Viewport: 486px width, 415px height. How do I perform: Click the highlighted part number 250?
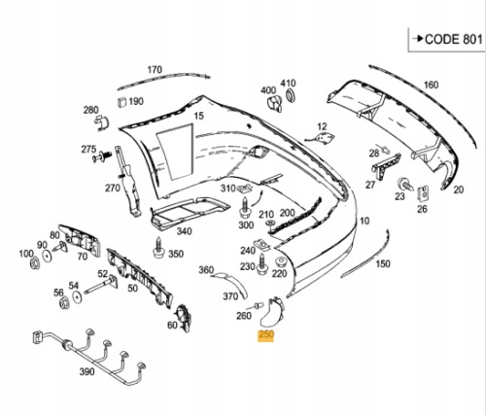265,335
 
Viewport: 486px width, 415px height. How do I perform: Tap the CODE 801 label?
453,39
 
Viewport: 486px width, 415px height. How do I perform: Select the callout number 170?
155,70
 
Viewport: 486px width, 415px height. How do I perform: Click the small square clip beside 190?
121,101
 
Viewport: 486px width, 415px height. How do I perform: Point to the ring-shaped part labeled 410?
291,95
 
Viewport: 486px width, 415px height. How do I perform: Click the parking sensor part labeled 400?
274,104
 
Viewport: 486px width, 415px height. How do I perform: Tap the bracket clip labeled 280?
102,122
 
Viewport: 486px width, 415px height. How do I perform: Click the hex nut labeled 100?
34,263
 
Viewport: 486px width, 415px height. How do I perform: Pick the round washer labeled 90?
48,257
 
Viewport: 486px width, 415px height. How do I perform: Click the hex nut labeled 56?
64,302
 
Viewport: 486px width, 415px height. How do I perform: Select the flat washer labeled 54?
77,297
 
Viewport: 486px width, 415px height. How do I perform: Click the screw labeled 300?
245,208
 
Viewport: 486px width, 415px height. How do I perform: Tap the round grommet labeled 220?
280,262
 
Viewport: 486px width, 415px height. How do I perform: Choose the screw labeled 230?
261,264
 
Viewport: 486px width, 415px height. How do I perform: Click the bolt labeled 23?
404,185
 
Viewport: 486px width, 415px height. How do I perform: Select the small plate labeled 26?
423,194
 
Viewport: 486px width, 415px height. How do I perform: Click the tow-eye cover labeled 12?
325,138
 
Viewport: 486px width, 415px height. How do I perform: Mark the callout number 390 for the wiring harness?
87,371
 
